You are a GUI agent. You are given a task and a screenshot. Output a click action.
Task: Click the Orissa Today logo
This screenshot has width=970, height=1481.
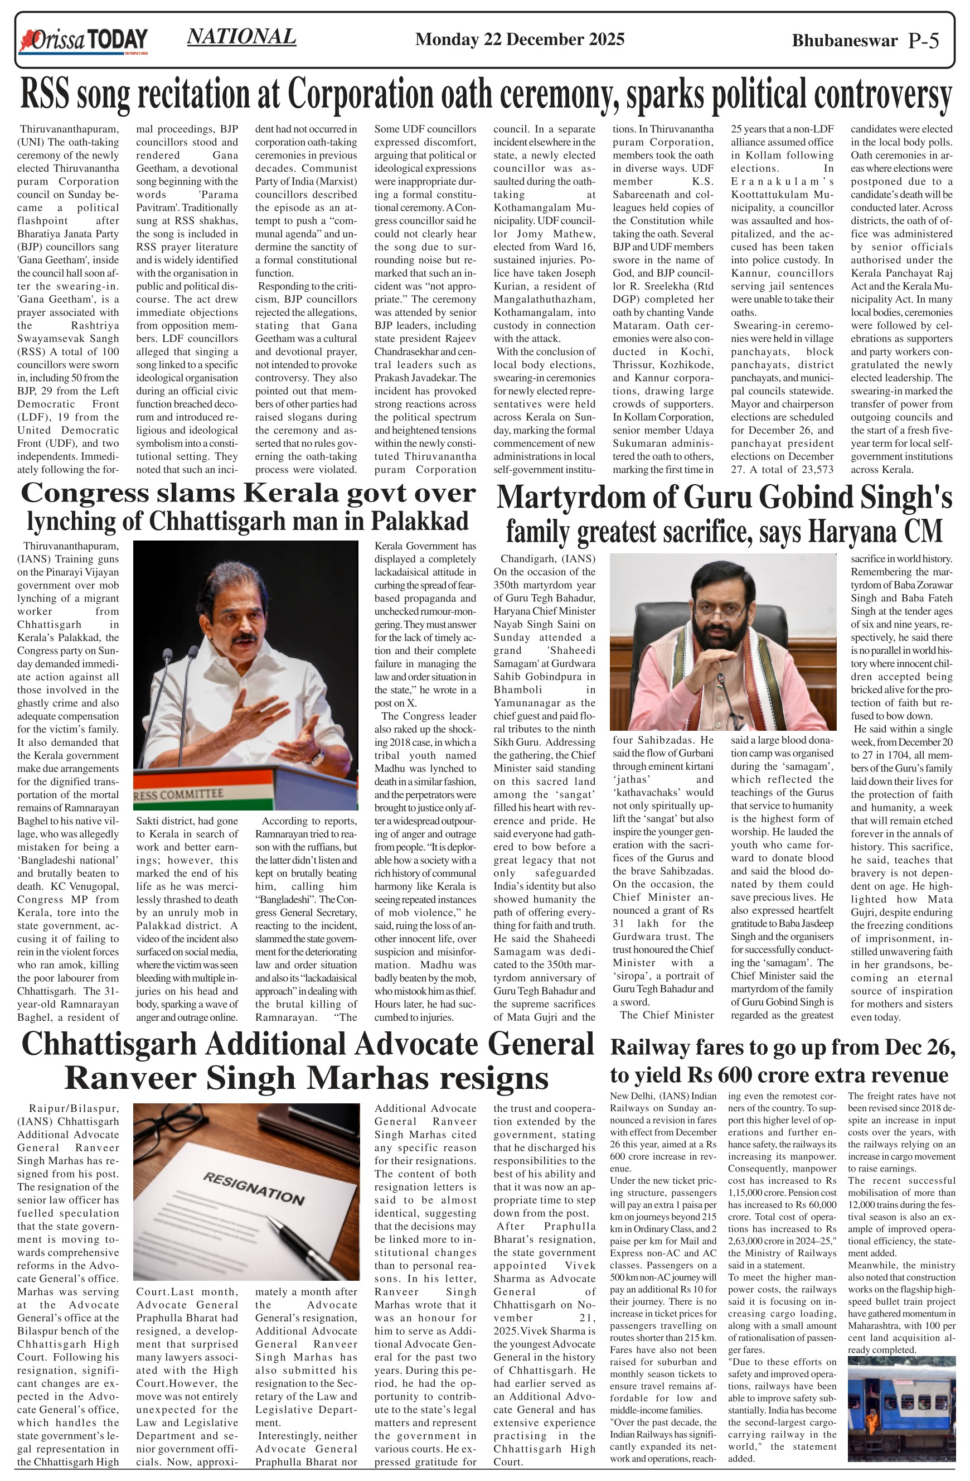coord(84,41)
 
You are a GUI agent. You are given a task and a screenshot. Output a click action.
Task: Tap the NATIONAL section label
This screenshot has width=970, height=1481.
coord(241,37)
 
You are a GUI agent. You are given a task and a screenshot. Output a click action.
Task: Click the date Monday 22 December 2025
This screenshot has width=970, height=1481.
coord(519,40)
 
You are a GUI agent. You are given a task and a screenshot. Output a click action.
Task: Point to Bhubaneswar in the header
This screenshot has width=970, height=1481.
coord(845,41)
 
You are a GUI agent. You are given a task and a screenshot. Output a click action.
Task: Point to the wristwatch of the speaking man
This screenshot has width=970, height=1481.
coord(317,758)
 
